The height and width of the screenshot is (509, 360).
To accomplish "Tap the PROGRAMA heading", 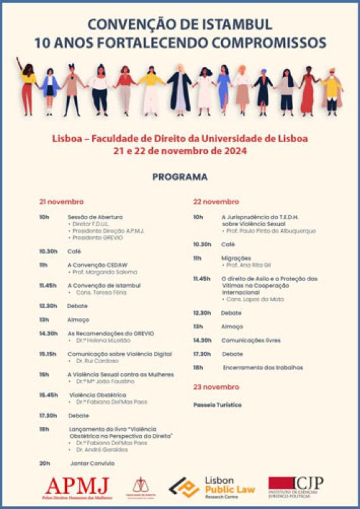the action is pyautogui.click(x=179, y=177).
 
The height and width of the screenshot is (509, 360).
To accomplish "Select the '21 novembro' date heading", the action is pyautogui.click(x=61, y=201).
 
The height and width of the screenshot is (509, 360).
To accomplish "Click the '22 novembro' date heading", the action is pyautogui.click(x=216, y=201).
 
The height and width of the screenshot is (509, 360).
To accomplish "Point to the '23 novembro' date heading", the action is pyautogui.click(x=216, y=386).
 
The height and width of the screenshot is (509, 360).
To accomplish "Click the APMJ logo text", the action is pyautogui.click(x=77, y=486).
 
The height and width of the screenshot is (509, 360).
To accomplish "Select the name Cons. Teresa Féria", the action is pyautogui.click(x=100, y=292).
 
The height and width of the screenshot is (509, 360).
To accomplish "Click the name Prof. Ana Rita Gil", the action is pyautogui.click(x=246, y=265).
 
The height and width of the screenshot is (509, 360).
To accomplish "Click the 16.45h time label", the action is pyautogui.click(x=48, y=395).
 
